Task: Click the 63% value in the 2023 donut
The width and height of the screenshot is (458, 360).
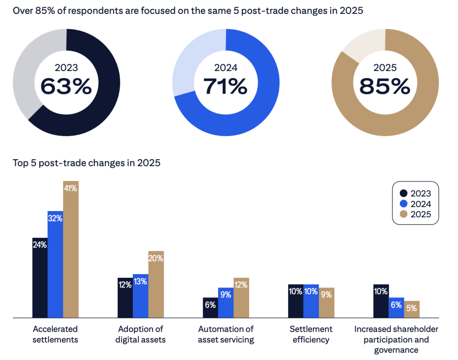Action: coord(66,86)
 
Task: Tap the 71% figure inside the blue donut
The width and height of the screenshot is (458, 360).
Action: coord(225,86)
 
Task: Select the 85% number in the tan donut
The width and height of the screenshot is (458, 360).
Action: coord(385,86)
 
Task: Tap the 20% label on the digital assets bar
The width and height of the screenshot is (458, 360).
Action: coord(156,258)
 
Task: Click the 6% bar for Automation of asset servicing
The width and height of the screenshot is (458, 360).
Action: coord(210,308)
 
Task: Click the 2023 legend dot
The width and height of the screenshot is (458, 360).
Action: coord(403,194)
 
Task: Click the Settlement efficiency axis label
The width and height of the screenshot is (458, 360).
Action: coord(311,334)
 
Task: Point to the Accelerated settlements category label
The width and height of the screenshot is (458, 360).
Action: coord(55,334)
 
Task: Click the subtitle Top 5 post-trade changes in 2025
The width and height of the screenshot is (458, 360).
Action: coord(86,163)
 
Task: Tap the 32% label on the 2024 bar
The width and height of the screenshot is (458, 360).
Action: coord(55,219)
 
